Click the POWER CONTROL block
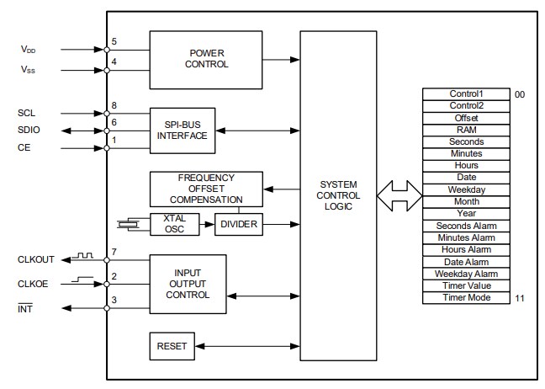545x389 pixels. click(188, 58)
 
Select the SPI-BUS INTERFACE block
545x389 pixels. click(181, 130)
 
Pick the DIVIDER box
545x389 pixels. click(239, 224)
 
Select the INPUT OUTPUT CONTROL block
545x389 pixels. click(188, 284)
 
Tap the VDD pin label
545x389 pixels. click(29, 49)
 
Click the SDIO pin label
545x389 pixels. click(29, 131)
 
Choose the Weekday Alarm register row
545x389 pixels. click(465, 274)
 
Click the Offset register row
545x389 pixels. click(465, 119)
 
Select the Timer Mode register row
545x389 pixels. click(465, 298)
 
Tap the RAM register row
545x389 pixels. click(465, 131)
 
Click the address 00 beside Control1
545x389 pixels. click(520, 95)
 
